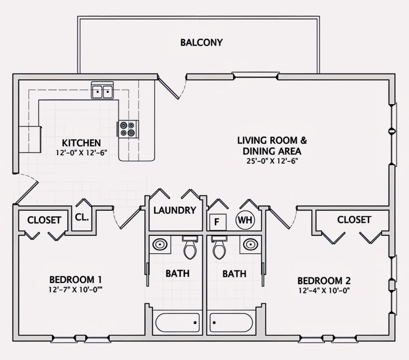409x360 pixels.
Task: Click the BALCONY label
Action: [x=201, y=43]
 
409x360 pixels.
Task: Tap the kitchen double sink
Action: [x=102, y=90]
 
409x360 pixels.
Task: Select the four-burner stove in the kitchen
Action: [x=128, y=129]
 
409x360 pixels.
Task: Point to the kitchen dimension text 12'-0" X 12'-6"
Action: [x=81, y=153]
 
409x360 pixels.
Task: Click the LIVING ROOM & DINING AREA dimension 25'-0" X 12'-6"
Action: [x=272, y=161]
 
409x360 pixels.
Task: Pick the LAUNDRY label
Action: [x=175, y=211]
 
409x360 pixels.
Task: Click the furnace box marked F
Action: [x=217, y=222]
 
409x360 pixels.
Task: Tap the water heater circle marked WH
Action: [x=245, y=220]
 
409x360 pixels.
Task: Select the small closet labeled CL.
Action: [x=82, y=217]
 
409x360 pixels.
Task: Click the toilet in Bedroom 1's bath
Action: [x=190, y=248]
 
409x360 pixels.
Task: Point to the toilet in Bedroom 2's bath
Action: [x=219, y=248]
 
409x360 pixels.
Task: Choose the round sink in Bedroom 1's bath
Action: [x=160, y=244]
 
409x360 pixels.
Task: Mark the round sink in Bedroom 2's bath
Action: [x=251, y=244]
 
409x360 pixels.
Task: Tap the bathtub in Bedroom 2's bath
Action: [x=231, y=322]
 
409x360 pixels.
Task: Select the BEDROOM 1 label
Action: [x=76, y=280]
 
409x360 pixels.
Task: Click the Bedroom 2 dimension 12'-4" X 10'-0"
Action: [x=324, y=291]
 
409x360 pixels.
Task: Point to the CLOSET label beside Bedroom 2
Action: [x=354, y=220]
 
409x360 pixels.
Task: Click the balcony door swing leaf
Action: [x=168, y=88]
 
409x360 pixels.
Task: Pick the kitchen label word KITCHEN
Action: [x=81, y=143]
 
